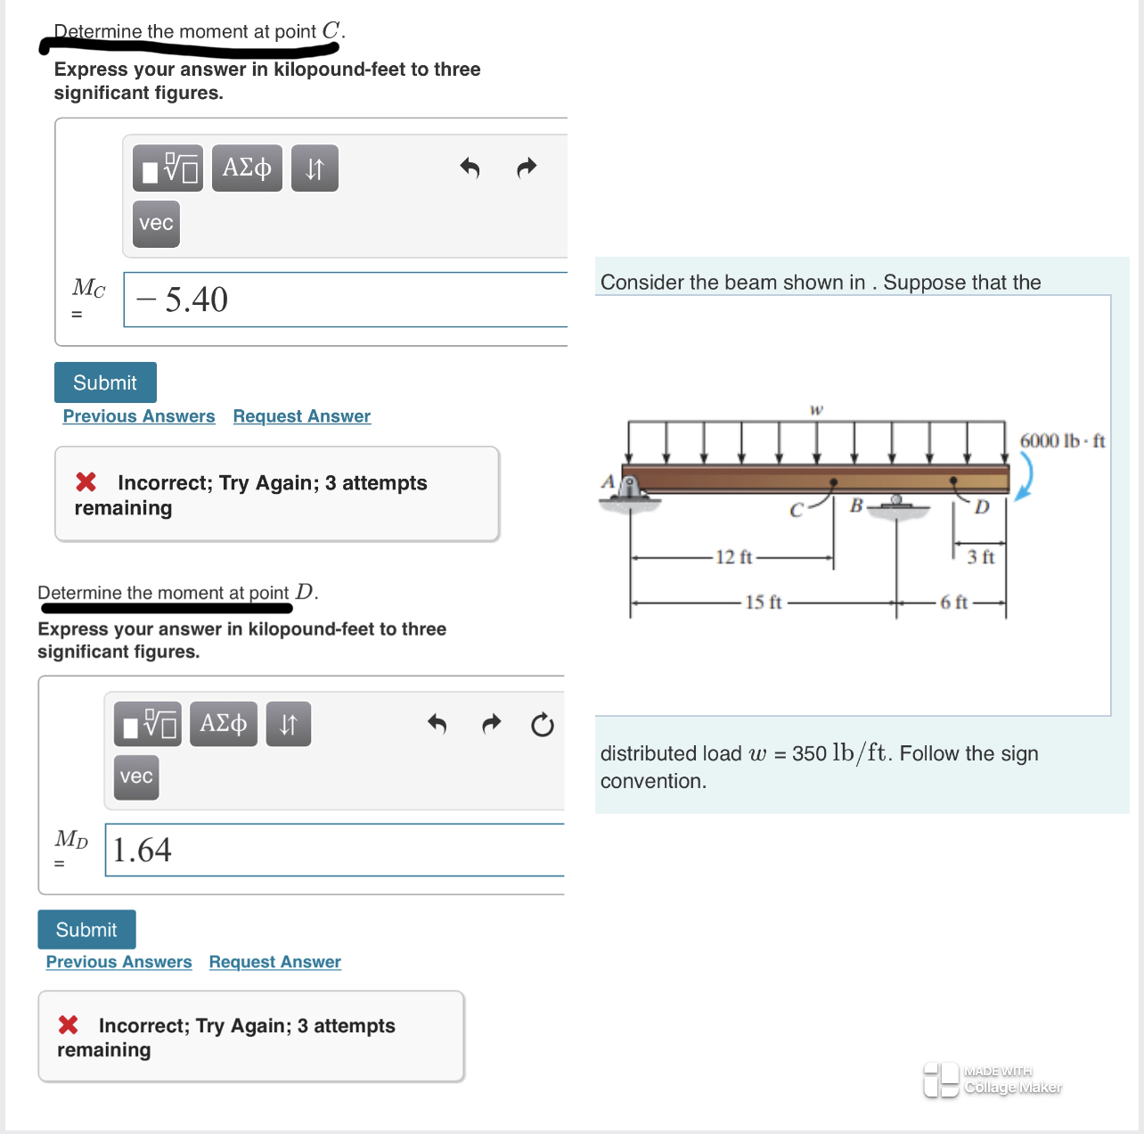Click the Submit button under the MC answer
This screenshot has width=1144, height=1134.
(x=105, y=382)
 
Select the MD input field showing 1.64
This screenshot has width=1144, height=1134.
(x=334, y=850)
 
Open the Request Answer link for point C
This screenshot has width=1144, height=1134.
(x=301, y=416)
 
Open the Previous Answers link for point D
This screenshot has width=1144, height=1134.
(x=118, y=962)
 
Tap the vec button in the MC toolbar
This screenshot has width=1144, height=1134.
(x=156, y=223)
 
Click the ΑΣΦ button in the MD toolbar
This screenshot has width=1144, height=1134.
(x=224, y=723)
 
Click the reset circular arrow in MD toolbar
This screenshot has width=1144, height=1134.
(x=542, y=725)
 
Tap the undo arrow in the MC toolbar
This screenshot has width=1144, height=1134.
(x=470, y=168)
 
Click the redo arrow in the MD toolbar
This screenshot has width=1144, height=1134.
(x=491, y=724)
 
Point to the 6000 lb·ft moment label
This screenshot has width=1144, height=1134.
(x=1062, y=440)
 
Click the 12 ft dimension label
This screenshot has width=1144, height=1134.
(x=733, y=557)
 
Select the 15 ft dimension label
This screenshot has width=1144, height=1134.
(x=763, y=603)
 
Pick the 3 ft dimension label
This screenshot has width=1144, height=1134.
(x=980, y=557)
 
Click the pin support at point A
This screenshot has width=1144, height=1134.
(x=629, y=489)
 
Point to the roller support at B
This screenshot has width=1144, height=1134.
(x=896, y=503)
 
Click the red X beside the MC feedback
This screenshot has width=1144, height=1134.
(x=86, y=482)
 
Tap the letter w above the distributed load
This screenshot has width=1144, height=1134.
(x=816, y=410)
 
